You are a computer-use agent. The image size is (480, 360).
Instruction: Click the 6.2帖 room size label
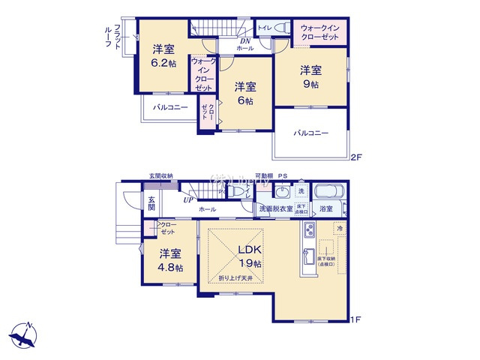(164, 63)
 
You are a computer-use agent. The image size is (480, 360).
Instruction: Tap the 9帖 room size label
(310, 85)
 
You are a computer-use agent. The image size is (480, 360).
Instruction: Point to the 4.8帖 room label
(170, 268)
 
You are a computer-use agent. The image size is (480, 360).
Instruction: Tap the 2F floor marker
(357, 157)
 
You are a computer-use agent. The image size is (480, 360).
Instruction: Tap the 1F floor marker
(357, 320)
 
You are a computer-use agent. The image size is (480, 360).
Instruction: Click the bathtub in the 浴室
(328, 191)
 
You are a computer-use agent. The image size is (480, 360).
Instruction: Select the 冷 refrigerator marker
(339, 229)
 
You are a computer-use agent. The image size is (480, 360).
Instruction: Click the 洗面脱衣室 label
(277, 208)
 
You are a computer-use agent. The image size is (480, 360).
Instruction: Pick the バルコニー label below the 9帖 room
(310, 133)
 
